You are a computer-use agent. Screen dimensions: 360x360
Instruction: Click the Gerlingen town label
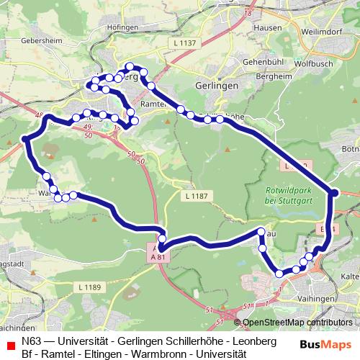pyautogui.click(x=216, y=84)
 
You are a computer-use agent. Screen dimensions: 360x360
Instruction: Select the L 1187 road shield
pyautogui.click(x=195, y=195)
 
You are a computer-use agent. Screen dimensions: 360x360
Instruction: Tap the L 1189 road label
pyautogui.click(x=88, y=287)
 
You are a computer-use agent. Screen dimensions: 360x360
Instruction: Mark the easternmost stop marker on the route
pyautogui.click(x=333, y=192)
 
